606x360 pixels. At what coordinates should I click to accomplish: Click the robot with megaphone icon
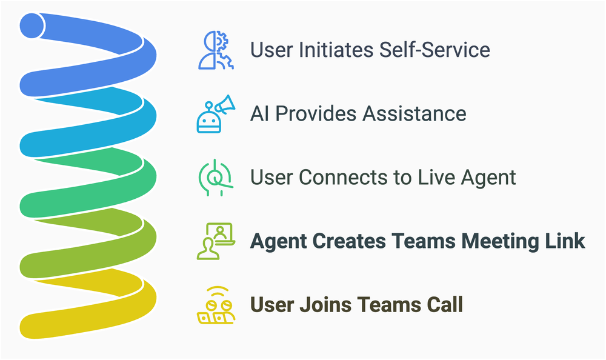(x=214, y=114)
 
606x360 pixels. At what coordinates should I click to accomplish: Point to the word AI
(x=260, y=114)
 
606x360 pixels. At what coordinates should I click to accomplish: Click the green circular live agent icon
(x=214, y=178)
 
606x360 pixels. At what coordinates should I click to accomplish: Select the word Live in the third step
(x=428, y=178)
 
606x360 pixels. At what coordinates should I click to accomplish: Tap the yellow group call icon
(x=214, y=305)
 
